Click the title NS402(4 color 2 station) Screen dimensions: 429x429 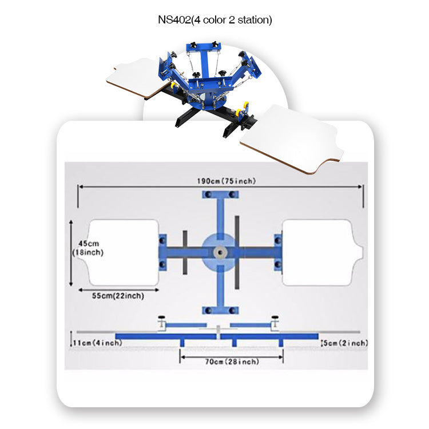click(x=214, y=20)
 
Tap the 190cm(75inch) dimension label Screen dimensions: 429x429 click(x=227, y=181)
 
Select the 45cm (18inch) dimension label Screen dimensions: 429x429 click(x=88, y=248)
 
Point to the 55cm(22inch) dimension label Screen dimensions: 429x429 click(x=118, y=296)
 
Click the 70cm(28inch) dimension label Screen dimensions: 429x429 click(x=232, y=362)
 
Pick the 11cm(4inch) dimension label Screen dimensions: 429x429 click(x=98, y=343)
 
